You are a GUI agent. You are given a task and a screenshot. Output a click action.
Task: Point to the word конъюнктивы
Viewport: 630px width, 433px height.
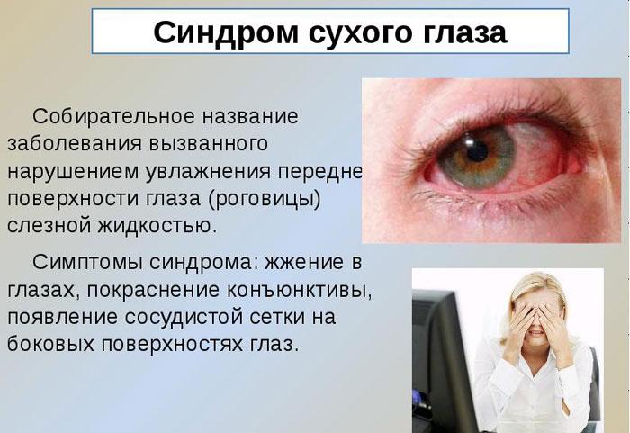point(297,290)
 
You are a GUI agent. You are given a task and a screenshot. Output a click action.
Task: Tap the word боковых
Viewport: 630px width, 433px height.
point(49,345)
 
